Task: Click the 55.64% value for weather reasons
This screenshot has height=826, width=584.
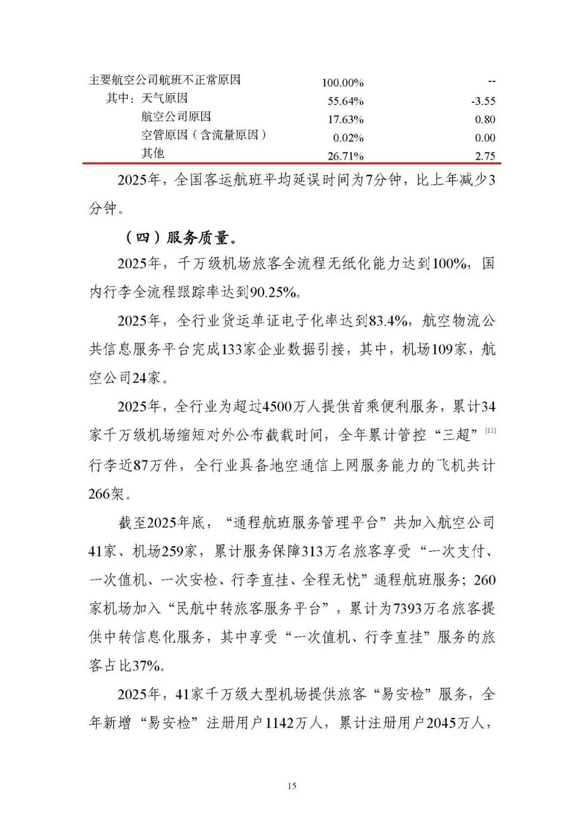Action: click(x=346, y=101)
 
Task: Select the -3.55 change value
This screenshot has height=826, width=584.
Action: click(x=483, y=101)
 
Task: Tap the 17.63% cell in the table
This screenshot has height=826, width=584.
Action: click(x=346, y=120)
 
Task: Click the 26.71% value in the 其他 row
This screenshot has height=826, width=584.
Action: click(x=346, y=156)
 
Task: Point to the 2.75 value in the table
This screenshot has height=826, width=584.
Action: click(x=485, y=156)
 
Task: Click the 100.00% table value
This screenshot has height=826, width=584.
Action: click(x=343, y=83)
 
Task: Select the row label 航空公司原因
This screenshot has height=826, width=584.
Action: click(x=176, y=117)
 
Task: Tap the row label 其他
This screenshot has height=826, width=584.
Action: click(x=153, y=154)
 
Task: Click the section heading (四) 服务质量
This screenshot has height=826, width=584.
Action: click(x=180, y=237)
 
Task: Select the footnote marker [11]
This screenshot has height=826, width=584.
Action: click(x=490, y=431)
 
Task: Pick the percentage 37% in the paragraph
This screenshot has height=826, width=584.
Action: click(x=146, y=666)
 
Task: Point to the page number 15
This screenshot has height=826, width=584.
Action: click(x=292, y=786)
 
